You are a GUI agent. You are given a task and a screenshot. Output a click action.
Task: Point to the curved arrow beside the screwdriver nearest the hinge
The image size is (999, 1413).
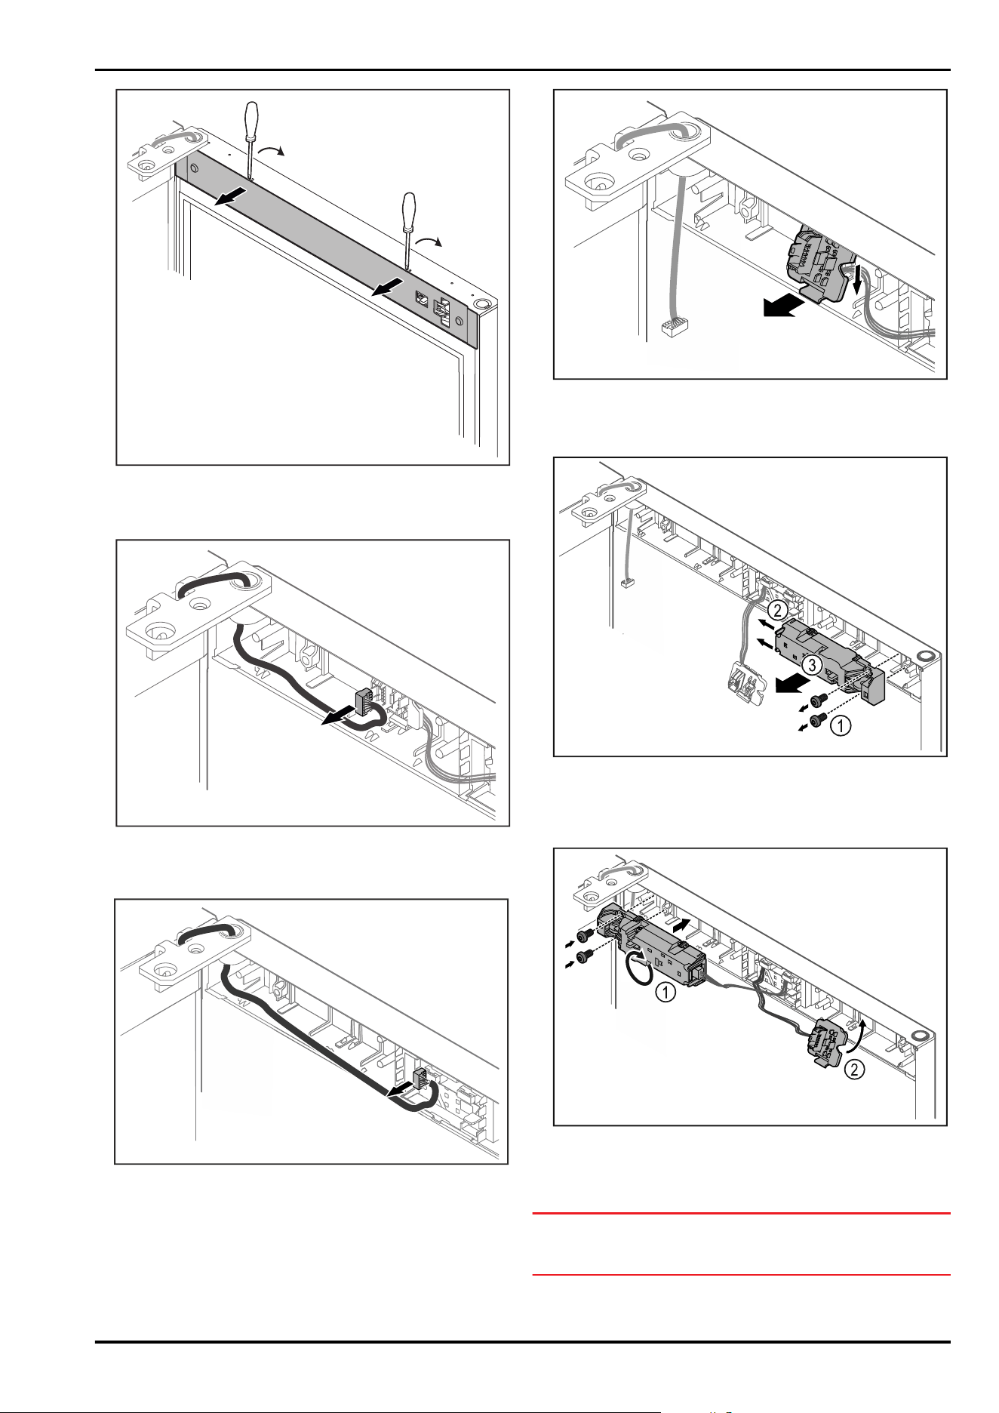coord(271,152)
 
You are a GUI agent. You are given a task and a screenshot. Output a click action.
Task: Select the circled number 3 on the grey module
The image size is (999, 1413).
coord(810,665)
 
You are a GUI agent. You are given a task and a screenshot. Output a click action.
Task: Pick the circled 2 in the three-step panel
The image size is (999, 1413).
coord(778,608)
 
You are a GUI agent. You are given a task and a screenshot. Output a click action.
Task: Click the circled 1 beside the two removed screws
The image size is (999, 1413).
coord(841,726)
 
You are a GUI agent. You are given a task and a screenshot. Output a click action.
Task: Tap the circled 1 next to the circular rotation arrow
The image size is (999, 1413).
coord(665,993)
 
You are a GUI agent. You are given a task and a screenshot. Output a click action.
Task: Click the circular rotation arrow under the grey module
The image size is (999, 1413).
coord(636,969)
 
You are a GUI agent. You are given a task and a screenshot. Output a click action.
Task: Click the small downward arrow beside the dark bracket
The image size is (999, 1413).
coord(857,282)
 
